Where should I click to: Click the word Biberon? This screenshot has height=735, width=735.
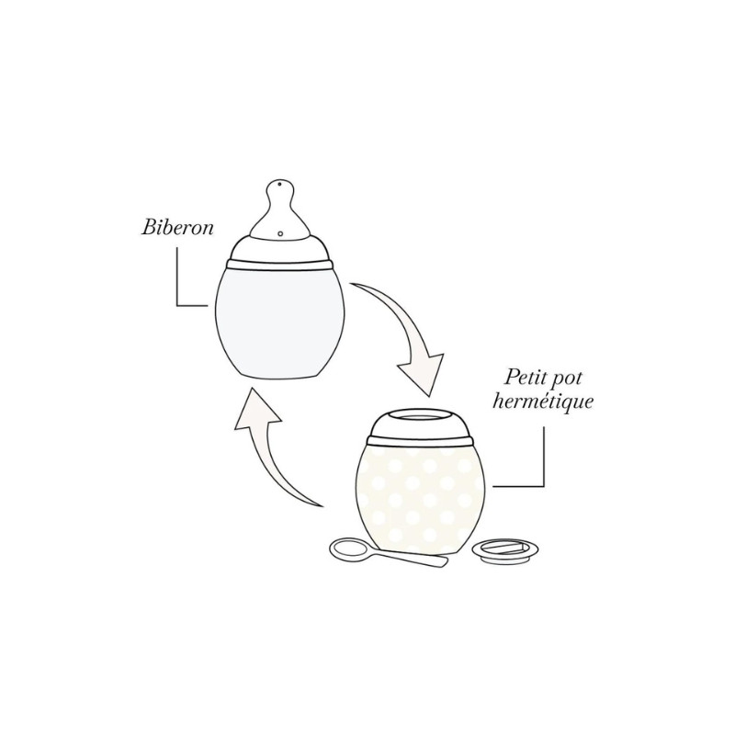(x=177, y=228)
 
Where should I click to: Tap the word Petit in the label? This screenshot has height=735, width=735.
(x=525, y=378)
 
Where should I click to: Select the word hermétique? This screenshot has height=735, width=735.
(x=543, y=401)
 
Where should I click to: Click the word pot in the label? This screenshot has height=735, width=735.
(x=567, y=379)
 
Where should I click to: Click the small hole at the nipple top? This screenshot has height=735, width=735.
(x=279, y=185)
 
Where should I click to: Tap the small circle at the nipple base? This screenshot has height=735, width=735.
(x=280, y=233)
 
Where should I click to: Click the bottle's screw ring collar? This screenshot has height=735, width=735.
(x=280, y=265)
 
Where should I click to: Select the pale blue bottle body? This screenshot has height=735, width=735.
(x=280, y=322)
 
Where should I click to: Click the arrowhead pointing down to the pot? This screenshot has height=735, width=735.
(x=422, y=373)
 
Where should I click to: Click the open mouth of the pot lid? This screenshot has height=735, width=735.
(x=419, y=415)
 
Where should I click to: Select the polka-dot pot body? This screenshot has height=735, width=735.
(x=420, y=498)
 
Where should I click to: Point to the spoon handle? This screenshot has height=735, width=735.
(x=409, y=558)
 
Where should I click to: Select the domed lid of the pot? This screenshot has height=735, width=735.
(x=419, y=424)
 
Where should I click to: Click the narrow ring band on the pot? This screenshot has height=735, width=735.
(x=419, y=441)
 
